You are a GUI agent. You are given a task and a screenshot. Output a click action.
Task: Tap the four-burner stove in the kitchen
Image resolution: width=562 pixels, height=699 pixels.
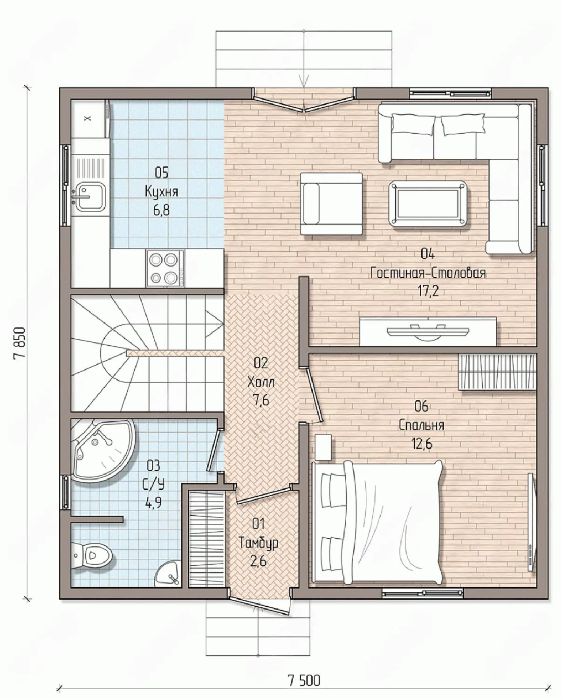click(165, 268)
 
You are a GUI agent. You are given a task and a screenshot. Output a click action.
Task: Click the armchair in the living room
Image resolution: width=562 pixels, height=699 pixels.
click(331, 203)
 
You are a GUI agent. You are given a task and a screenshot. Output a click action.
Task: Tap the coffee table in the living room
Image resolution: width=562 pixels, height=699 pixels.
click(428, 203)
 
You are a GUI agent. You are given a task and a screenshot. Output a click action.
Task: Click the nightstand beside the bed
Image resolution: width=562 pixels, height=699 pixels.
click(323, 447)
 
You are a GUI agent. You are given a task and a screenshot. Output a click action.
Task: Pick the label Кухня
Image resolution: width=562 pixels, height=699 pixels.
click(161, 192)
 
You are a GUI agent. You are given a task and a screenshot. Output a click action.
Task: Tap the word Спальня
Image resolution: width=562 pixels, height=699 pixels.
click(421, 425)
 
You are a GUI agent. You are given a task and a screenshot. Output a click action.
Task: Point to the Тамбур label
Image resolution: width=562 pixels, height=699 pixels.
click(259, 543)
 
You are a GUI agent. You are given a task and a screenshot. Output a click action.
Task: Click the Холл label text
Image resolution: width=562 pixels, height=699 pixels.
click(260, 382)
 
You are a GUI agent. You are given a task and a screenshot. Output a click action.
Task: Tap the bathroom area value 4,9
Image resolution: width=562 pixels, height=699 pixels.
click(154, 504)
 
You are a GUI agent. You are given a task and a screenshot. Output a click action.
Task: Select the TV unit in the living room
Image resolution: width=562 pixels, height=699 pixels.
click(428, 332)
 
